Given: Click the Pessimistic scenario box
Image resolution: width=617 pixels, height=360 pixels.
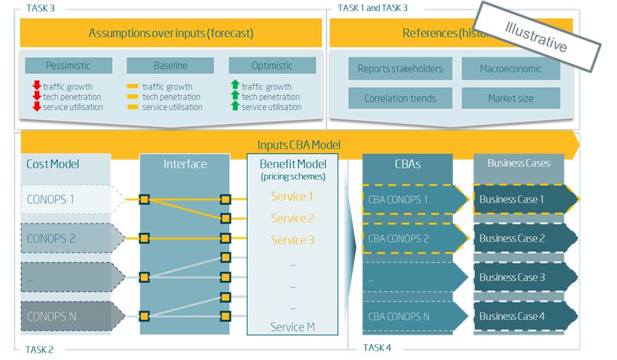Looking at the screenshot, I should [x=68, y=65].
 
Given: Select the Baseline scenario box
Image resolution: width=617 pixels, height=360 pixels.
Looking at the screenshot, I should [x=171, y=65].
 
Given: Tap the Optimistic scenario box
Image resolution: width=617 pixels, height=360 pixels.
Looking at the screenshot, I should [x=272, y=65].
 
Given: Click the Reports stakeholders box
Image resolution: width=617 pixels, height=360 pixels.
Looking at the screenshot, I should [x=400, y=69].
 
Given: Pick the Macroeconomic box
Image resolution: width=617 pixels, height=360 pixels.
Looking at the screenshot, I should [x=510, y=69].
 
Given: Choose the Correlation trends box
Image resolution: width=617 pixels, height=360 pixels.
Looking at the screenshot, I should [x=400, y=98].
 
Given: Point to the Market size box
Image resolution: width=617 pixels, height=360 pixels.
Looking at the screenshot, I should [x=510, y=98].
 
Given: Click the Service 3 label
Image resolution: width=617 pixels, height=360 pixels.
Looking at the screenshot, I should [x=293, y=240].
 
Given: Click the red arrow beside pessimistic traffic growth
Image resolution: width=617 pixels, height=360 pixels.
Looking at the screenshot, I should [x=37, y=87].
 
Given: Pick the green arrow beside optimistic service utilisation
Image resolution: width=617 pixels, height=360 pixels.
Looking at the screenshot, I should [x=234, y=107].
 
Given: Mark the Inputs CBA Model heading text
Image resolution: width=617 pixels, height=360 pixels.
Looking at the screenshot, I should [x=298, y=145].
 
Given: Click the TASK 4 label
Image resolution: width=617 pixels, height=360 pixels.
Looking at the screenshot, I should [x=377, y=348].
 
